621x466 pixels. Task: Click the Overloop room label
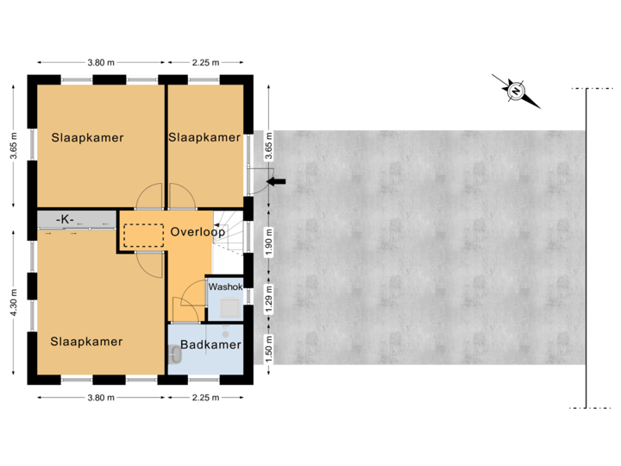pos(198,232)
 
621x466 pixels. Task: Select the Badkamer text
pos(210,345)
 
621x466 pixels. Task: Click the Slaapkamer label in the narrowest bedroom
pos(204,137)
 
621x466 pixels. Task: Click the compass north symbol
pos(515,91)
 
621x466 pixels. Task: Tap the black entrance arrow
pos(278,180)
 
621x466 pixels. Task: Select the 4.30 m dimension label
pos(13,303)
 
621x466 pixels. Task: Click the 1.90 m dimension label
pos(269,242)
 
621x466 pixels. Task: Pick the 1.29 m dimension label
pos(269,303)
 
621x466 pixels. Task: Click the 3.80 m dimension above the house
pos(101,62)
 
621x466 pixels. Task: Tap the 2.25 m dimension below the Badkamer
pos(205,398)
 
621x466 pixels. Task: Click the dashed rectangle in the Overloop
pos(143,233)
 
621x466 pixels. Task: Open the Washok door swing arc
pos(185,305)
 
